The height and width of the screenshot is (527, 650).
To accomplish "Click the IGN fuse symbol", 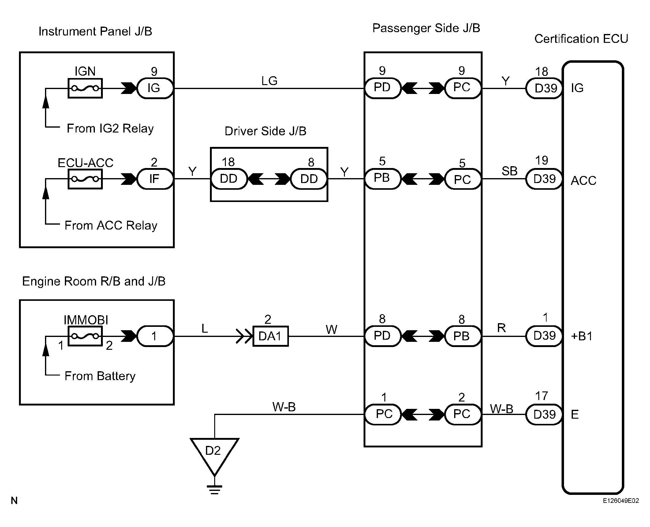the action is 85,88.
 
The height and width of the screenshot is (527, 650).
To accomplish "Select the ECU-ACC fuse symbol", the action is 85,179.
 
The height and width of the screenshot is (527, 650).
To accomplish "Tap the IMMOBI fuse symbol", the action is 85,336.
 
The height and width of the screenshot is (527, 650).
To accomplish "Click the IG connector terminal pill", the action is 155,88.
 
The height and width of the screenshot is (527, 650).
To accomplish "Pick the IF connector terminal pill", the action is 155,179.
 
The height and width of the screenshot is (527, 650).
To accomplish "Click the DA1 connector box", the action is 271,336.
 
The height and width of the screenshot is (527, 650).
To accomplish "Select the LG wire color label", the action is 269,81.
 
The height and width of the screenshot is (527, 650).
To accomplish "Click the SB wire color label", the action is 509,171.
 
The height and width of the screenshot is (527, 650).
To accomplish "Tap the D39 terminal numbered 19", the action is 544,179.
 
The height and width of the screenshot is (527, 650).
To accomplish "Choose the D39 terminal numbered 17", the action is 544,414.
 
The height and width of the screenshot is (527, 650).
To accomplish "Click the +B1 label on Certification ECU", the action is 582,336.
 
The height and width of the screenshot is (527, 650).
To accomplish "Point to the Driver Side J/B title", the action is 265,131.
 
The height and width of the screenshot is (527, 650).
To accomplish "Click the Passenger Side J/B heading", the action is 426,28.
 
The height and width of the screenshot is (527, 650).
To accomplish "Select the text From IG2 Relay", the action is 110,129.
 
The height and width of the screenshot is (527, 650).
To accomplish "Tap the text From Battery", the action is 100,376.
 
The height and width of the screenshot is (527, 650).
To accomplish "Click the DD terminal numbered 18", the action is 229,179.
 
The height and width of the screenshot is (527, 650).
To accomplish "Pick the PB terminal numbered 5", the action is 383,179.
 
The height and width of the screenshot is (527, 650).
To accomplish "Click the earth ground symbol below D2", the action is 214,490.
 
